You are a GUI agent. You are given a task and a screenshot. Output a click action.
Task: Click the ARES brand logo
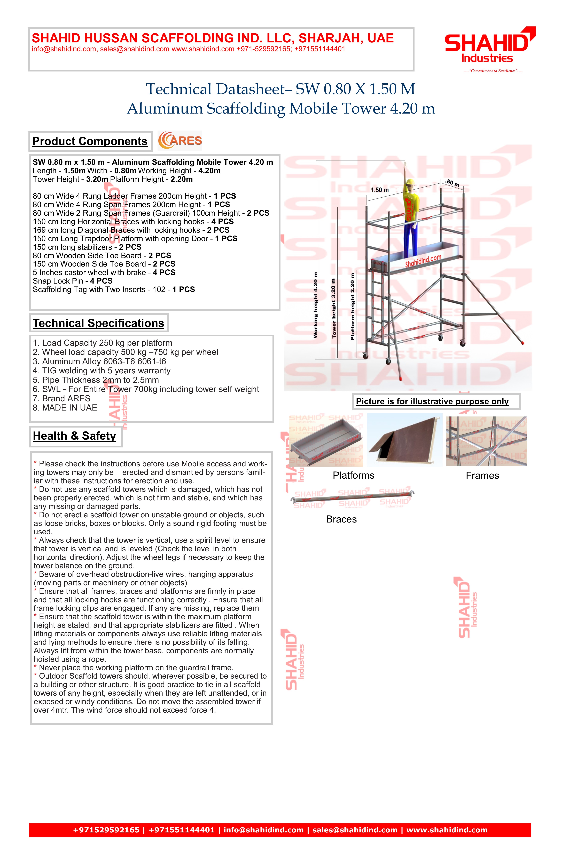coord(180,141)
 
